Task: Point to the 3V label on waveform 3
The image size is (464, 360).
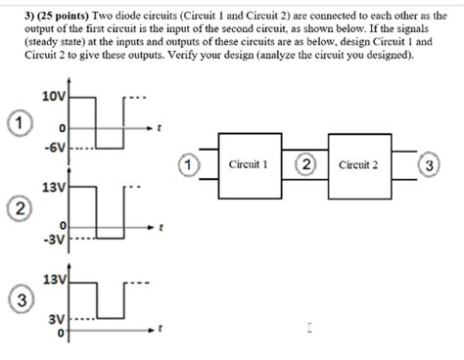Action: click(57, 319)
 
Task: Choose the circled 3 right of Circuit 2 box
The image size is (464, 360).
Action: click(424, 165)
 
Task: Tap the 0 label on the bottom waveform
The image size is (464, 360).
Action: click(61, 335)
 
